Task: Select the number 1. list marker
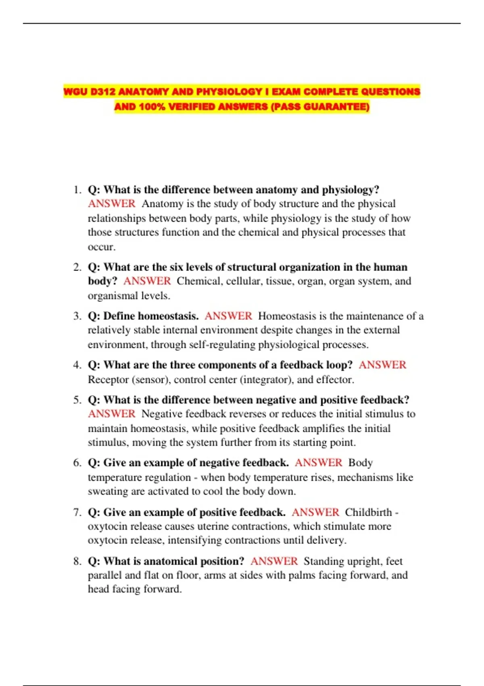(x=77, y=190)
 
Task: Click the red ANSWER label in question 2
(x=147, y=281)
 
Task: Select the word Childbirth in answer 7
(x=368, y=512)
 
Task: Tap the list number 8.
(x=77, y=561)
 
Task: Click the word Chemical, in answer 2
(x=199, y=281)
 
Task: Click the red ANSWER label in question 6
(x=318, y=462)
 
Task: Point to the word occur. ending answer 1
(x=102, y=247)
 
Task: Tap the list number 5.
(x=77, y=400)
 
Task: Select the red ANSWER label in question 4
(x=382, y=365)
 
